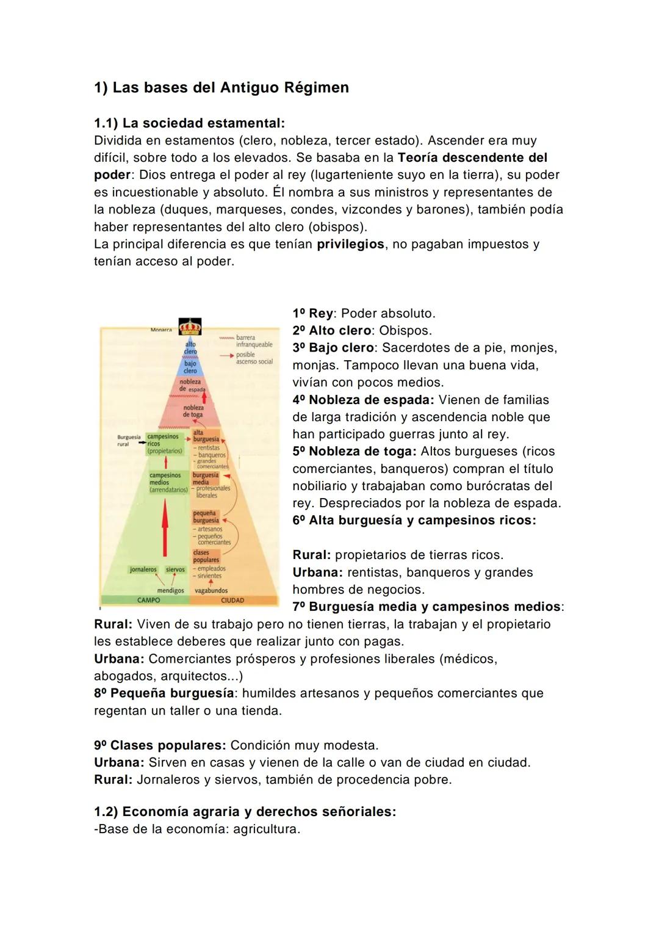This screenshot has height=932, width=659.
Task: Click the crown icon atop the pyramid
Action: [189, 327]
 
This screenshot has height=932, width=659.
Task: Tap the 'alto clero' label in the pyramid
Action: [190, 348]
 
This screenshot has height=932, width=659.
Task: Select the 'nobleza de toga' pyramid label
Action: [193, 411]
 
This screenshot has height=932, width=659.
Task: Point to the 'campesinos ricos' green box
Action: [164, 444]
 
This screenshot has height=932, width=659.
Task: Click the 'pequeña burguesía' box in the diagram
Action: [206, 517]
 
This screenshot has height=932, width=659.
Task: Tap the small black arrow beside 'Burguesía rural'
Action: [140, 441]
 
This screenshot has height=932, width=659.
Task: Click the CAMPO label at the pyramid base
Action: [148, 600]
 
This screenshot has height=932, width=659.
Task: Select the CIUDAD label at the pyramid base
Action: [232, 600]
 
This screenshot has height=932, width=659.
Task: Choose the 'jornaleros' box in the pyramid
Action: [143, 569]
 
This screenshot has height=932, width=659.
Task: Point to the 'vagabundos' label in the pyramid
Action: [211, 590]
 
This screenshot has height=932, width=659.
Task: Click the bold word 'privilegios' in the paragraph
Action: [350, 244]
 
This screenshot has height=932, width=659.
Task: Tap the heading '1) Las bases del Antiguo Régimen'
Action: [221, 87]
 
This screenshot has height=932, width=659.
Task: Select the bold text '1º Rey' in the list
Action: [312, 313]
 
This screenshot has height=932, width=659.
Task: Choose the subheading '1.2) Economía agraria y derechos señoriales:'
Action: [245, 812]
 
